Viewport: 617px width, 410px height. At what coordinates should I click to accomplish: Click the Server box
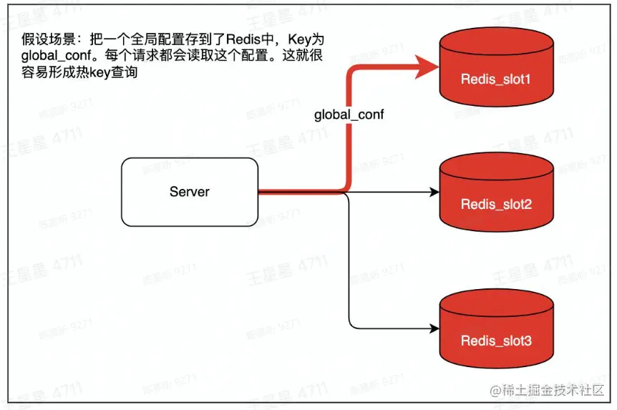[190, 192]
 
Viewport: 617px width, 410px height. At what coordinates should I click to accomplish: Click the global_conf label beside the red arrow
[349, 114]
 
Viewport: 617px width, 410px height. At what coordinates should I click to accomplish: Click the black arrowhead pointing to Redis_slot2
[433, 192]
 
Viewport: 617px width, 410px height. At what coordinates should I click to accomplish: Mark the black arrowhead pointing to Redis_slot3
[433, 329]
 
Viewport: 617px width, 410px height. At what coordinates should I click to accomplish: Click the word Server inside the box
[190, 192]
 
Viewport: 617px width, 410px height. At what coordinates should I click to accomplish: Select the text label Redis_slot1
[496, 79]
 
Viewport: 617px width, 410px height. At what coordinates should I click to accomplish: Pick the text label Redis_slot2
[496, 205]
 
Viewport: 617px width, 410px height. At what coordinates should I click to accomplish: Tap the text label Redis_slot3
[496, 341]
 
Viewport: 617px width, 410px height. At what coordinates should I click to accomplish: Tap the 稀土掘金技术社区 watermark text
[555, 391]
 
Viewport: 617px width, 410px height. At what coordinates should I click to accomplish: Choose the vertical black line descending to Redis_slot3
[349, 265]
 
